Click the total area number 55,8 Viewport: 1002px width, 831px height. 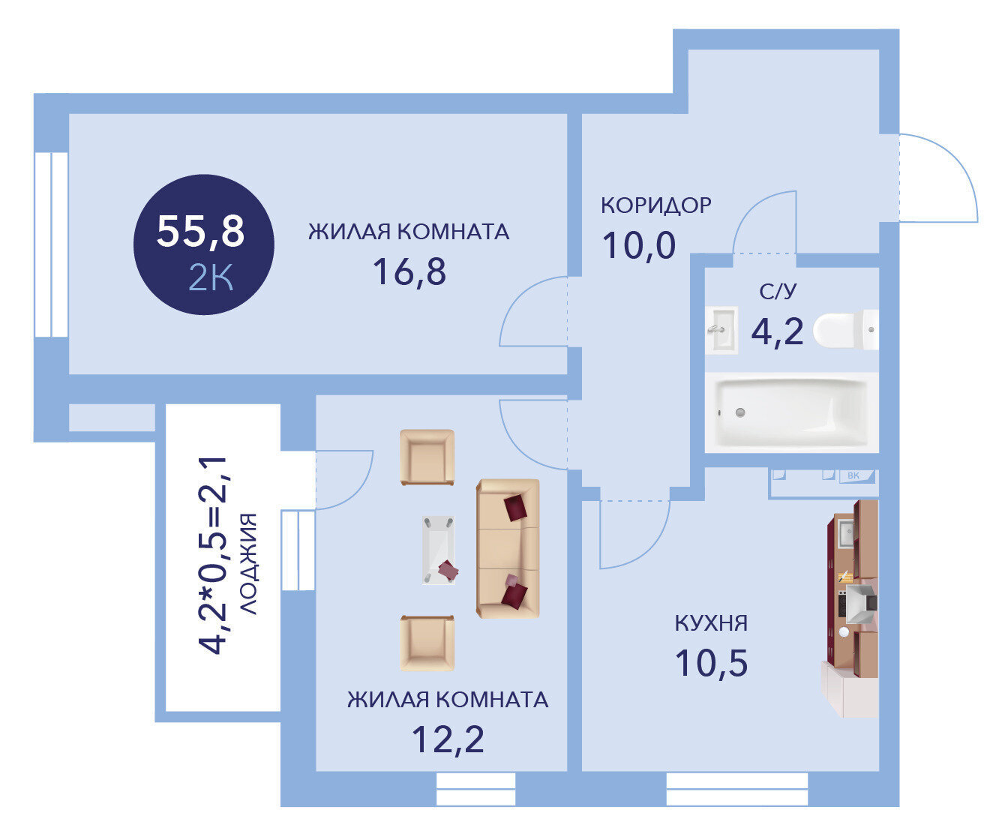pos(200,232)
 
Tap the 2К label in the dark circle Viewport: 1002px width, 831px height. pos(211,277)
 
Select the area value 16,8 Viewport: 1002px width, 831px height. pos(409,271)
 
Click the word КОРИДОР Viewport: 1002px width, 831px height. pos(656,205)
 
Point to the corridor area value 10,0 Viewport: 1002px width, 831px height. pos(639,245)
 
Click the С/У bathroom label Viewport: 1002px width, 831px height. pos(778,291)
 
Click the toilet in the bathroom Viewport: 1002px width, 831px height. pos(846,329)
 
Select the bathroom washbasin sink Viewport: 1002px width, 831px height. pos(721,330)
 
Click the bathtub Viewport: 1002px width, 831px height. pos(792,412)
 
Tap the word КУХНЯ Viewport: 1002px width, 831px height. pos(711,623)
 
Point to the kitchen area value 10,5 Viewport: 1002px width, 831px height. pos(711,663)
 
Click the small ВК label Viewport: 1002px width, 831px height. pos(853,475)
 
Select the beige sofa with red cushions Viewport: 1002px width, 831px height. pos(508,548)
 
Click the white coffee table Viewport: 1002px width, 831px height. pos(438,550)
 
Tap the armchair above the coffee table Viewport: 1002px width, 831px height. pos(427,457)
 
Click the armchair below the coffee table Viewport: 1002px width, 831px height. pos(427,643)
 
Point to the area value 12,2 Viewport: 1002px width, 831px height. pos(448,739)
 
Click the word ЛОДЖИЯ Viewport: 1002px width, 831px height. pos(248,564)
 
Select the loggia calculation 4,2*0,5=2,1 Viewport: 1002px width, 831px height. pos(212,555)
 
